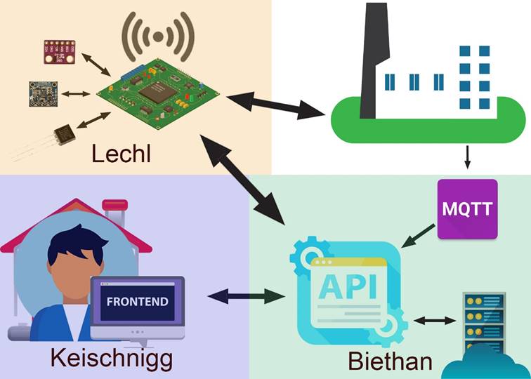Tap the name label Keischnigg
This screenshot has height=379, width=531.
click(x=111, y=358)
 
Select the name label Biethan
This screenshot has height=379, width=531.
click(x=390, y=361)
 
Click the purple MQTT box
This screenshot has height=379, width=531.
click(x=467, y=208)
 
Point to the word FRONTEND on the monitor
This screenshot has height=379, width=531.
click(x=137, y=302)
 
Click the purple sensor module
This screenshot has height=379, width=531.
click(x=59, y=51)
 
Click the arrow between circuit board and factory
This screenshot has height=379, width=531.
click(x=275, y=105)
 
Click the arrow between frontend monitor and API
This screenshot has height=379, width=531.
click(x=245, y=296)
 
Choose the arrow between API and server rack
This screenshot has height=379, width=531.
click(x=434, y=321)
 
